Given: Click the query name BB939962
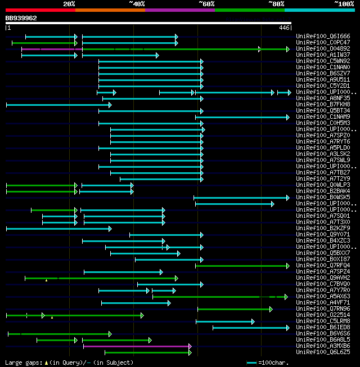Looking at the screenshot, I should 21,18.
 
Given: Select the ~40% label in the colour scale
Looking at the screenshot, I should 137,4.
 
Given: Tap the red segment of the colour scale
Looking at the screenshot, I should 40,10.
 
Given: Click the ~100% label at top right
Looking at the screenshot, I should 344,4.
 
